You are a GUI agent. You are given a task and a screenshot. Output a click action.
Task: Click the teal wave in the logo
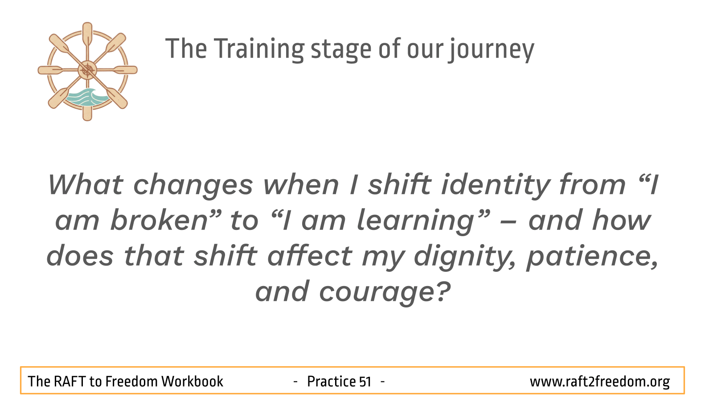[87, 98]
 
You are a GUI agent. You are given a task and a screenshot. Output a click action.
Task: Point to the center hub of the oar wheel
[87, 70]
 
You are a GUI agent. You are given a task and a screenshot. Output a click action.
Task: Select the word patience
[593, 257]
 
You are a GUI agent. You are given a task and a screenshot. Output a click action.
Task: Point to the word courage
[385, 292]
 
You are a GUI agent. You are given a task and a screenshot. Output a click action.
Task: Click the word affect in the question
[310, 256]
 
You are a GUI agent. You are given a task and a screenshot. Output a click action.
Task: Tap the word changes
[193, 185]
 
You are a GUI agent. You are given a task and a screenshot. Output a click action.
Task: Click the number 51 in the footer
[365, 382]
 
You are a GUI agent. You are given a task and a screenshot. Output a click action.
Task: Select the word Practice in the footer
[331, 381]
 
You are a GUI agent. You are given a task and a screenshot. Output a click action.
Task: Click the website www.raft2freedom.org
[599, 382]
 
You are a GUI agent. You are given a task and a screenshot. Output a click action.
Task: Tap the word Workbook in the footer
[192, 381]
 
